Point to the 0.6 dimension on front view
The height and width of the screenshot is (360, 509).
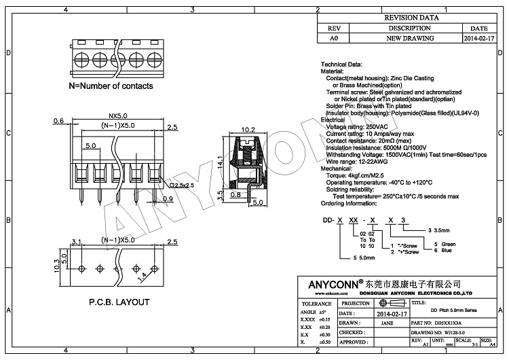58,121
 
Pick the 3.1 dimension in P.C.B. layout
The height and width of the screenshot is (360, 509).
76,242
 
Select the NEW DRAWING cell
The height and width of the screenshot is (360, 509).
409,39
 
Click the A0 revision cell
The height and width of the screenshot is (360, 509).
333,39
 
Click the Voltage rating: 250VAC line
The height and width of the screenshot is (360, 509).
358,127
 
